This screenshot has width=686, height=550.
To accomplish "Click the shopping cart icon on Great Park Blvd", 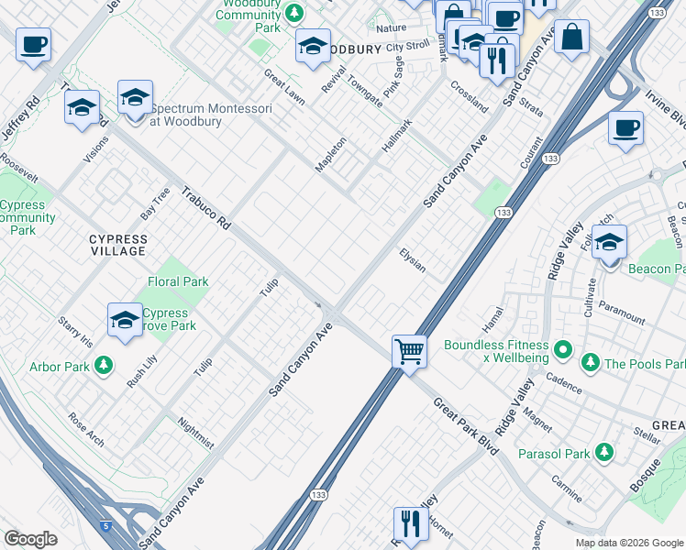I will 409,350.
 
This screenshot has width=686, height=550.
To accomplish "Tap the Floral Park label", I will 178,282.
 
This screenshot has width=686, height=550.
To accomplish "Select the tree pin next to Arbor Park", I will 104,365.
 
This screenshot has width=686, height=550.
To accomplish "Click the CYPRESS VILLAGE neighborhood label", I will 117,245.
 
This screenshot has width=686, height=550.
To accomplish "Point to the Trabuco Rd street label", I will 205,208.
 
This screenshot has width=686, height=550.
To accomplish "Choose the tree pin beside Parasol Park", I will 603,452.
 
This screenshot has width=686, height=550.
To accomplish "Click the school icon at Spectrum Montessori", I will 134,97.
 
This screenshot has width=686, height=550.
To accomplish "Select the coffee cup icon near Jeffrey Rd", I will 33,44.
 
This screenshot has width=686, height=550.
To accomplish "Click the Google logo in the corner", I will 30,539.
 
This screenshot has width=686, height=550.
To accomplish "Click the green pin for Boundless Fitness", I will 564,348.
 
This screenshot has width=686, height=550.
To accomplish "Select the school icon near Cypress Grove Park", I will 125,320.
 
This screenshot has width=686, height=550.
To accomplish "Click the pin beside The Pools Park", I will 592,364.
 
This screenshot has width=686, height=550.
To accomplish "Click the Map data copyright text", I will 628,542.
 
